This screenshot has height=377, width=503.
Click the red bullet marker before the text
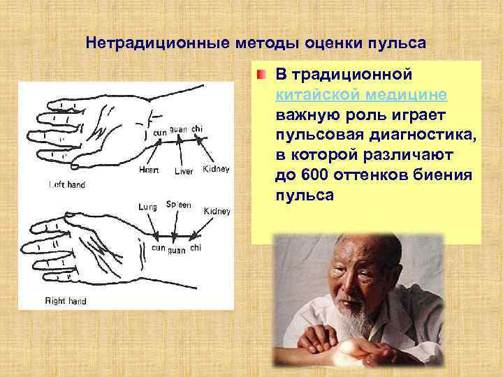pos(260,75)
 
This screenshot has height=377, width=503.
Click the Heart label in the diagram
pos(148,170)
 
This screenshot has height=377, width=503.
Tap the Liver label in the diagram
pos(183,171)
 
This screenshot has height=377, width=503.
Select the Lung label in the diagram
pos(147,206)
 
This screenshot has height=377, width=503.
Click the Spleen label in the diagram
pos(178,205)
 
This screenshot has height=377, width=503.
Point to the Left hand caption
pos(68,185)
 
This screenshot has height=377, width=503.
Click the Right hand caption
pos(66,301)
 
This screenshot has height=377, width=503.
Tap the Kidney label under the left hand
pos(215,170)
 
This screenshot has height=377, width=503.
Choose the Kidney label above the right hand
pos(217,211)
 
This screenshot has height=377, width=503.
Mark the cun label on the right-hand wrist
pos(159,248)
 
